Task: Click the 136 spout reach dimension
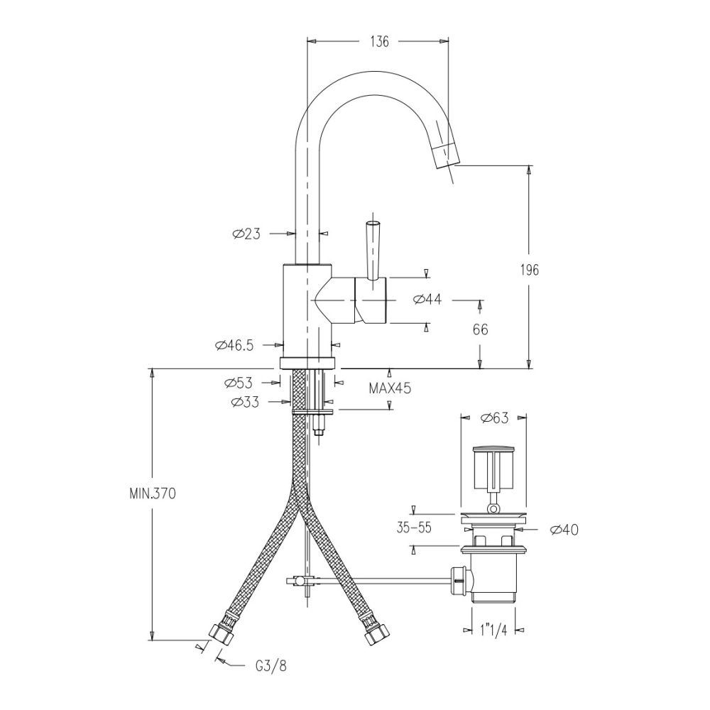coord(379,42)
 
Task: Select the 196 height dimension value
coord(530,270)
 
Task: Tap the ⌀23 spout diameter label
coord(246,234)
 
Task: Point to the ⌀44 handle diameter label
coord(427,300)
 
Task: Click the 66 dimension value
coord(481,329)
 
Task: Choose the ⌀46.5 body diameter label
coord(234,346)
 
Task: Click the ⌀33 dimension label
coord(245,402)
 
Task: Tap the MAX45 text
coord(389,388)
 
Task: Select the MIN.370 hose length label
coord(152,493)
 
